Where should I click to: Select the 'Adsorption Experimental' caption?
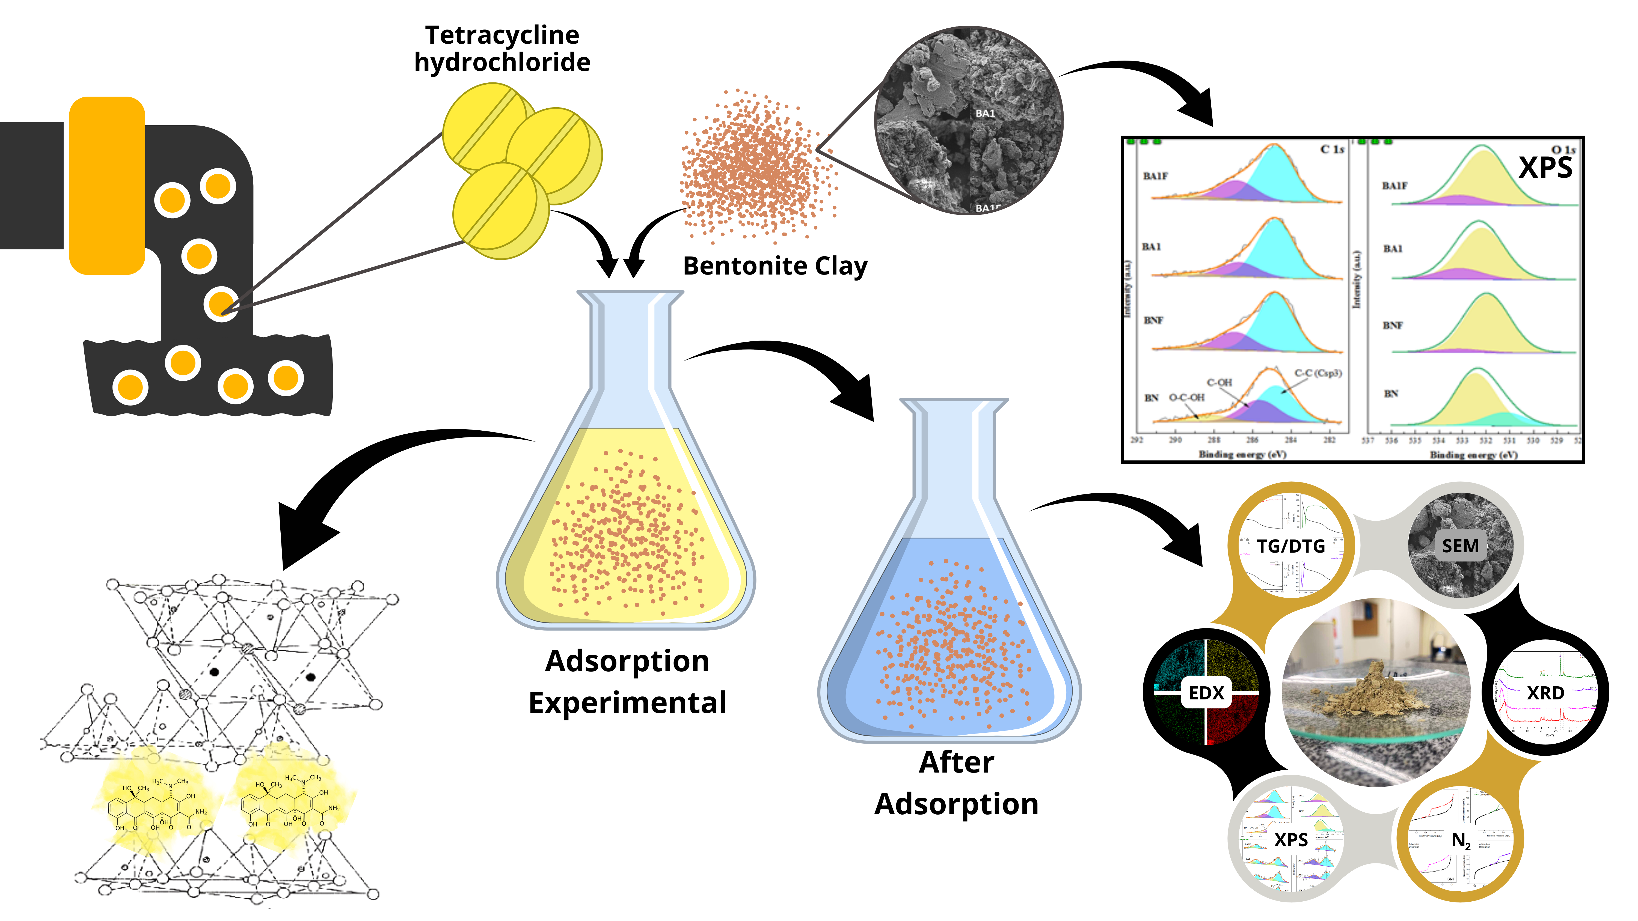coord(627,681)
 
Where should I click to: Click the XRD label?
coord(1545,693)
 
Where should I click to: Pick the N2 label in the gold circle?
coord(1461,840)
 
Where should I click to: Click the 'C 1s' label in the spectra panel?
coord(1331,149)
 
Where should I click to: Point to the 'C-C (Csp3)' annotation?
coord(1317,373)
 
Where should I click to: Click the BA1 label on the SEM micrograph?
coord(985,113)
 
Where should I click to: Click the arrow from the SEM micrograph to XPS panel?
coord(1145,83)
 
